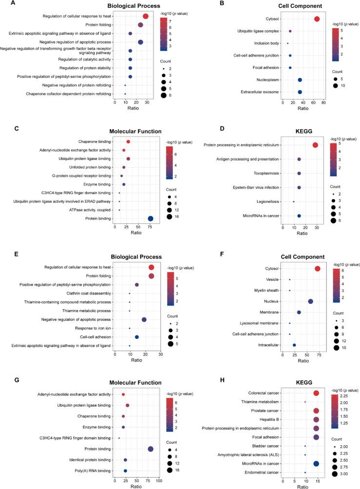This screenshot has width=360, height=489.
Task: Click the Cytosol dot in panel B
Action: (317, 19)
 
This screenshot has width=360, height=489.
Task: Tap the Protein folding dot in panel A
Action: (140, 25)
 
